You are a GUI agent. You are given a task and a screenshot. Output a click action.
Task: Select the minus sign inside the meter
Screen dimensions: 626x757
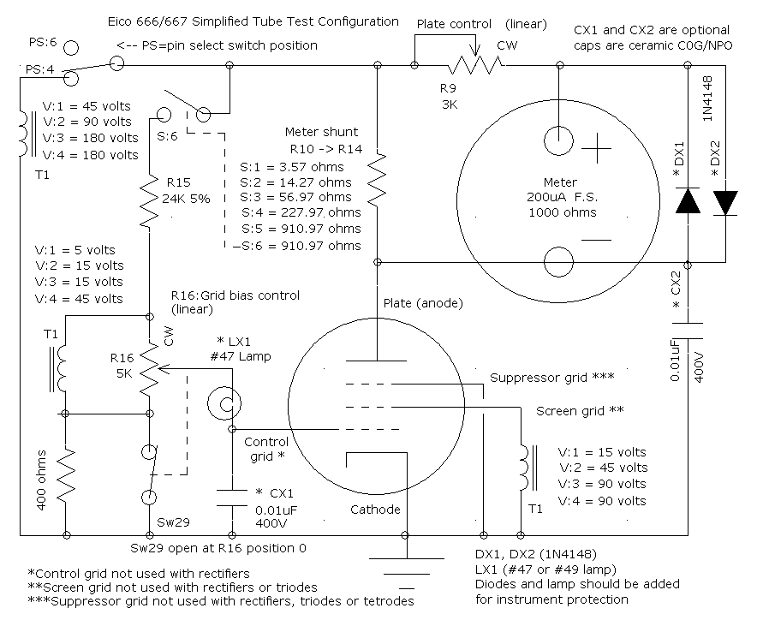597,241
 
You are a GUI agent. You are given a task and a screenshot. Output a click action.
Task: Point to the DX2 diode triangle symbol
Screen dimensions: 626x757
725,202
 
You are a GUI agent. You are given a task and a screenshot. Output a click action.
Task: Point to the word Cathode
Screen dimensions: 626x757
375,510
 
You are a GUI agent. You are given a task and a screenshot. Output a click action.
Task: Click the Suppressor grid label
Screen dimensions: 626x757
552,377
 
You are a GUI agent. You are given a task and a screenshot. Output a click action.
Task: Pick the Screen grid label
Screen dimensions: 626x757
580,410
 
